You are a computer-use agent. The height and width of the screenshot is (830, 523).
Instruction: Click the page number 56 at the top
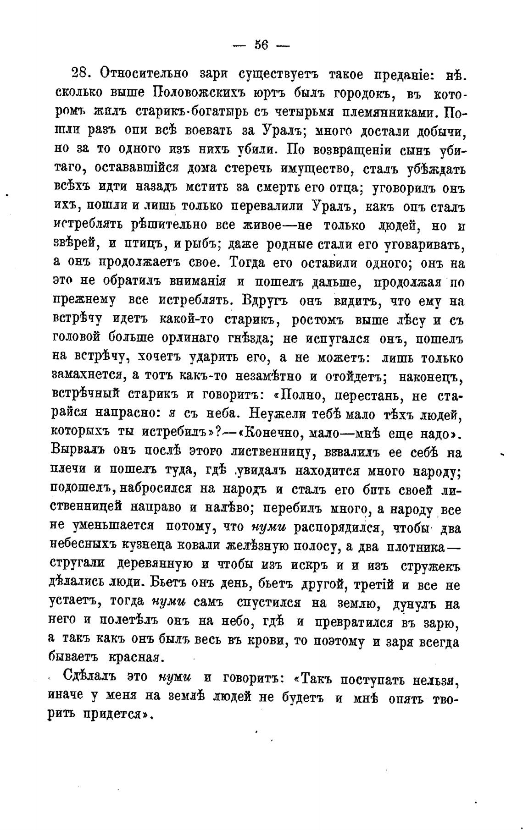pyautogui.click(x=261, y=45)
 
